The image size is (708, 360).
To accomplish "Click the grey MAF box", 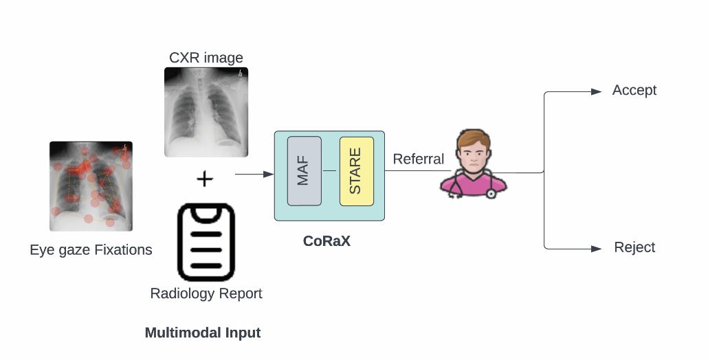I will point(304,171).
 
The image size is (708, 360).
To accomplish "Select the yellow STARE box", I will point(356,171).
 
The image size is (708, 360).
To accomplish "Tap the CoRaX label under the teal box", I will point(327,241).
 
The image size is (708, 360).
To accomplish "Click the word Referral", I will point(418,159).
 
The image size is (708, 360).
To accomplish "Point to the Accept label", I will point(634,91).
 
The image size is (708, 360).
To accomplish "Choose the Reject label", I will point(634,247).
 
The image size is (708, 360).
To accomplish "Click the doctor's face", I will point(474,155).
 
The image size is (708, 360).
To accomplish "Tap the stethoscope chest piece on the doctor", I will point(491,194).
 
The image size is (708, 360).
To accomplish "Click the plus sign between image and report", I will point(205,179).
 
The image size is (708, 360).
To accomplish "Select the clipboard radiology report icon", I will point(206,242).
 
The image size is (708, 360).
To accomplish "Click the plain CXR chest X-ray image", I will point(206,111).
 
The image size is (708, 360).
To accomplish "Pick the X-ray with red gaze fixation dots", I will point(91,185).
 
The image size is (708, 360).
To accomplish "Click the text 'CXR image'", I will point(206,58).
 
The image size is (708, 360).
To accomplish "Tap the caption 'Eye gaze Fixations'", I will point(91,250).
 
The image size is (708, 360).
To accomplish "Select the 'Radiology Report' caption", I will point(206,294).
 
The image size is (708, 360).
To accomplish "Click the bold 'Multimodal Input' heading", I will point(202,333).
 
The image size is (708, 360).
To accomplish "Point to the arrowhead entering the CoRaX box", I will point(269,175).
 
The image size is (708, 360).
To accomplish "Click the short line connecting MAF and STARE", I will point(330,170).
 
